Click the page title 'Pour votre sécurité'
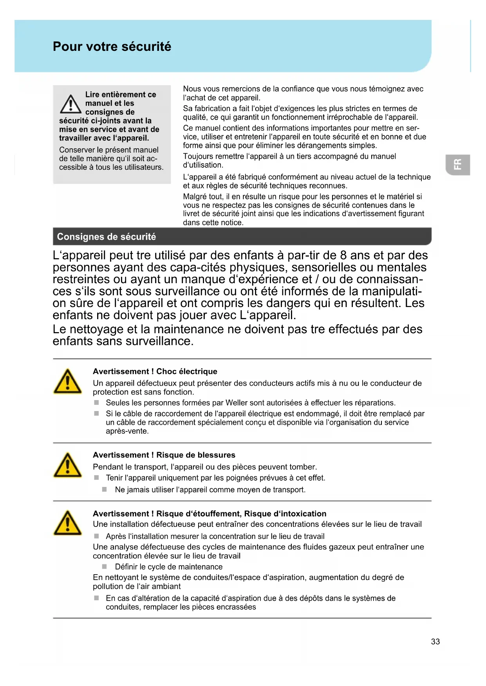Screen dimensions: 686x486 [x=112, y=47]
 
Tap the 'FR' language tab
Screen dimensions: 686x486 [x=457, y=165]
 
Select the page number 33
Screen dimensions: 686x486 [x=435, y=641]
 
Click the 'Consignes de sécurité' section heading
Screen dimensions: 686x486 [x=107, y=237]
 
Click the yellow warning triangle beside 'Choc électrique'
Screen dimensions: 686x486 [x=68, y=381]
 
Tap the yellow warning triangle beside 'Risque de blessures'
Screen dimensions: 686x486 [x=68, y=465]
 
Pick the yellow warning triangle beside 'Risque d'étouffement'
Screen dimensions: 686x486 [x=68, y=523]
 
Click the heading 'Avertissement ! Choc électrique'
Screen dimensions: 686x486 [x=155, y=371]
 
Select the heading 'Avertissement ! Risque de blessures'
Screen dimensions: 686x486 [x=164, y=455]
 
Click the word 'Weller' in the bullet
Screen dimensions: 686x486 [x=237, y=403]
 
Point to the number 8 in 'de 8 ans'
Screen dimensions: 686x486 [x=343, y=255]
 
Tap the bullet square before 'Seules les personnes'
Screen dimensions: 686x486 [x=96, y=402]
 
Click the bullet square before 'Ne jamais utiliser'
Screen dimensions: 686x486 [x=105, y=489]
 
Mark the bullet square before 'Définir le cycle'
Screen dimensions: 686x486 [x=105, y=566]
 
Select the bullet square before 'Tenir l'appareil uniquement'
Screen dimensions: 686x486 [x=96, y=478]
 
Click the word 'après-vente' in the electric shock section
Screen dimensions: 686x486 [x=126, y=431]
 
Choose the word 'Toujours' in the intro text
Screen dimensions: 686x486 [x=198, y=156]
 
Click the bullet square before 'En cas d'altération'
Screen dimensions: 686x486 [x=96, y=598]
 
